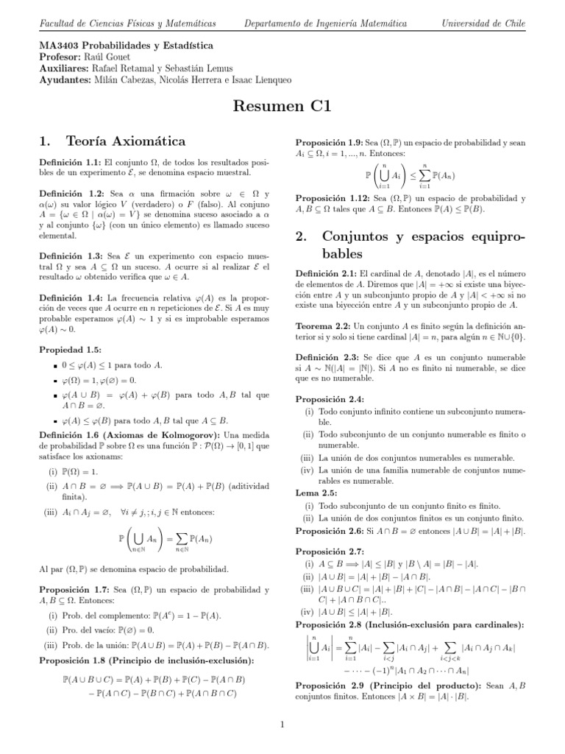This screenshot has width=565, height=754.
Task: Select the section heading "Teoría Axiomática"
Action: pos(125,140)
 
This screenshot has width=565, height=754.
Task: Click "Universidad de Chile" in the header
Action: pos(483,24)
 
